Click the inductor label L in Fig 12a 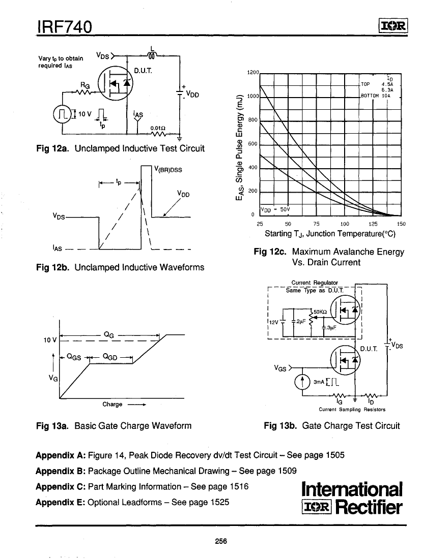[152, 49]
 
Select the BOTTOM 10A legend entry [375, 95]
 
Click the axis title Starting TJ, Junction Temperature [330, 234]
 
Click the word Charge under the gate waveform [112, 404]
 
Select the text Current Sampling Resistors [352, 409]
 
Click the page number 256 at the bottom [220, 540]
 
